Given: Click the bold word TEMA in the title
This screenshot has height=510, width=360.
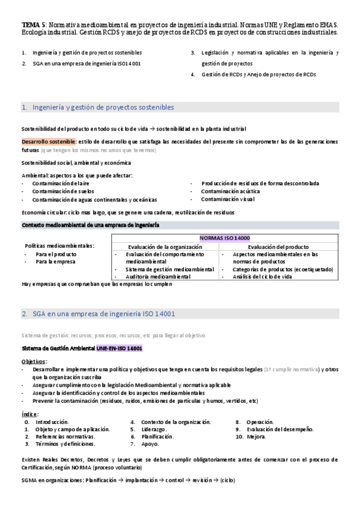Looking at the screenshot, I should click(29, 25).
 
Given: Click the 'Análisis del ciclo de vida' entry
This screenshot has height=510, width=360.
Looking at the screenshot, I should click(258, 276).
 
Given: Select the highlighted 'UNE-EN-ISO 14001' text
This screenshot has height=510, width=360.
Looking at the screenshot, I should click(120, 348).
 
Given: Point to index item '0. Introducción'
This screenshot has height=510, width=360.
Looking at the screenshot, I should click(47, 422).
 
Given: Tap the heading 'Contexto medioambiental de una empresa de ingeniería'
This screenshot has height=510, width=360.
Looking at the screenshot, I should click(90, 224).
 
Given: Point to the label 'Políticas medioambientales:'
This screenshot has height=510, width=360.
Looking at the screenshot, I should click(59, 246).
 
